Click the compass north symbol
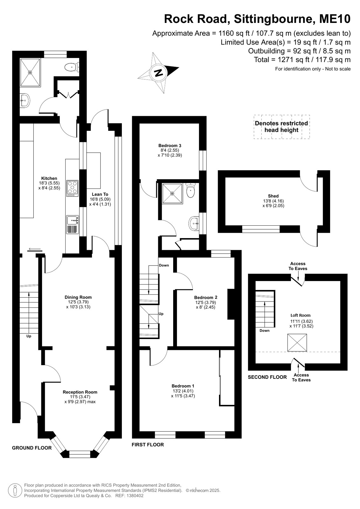(x=158, y=73)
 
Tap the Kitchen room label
(x=49, y=178)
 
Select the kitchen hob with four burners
(x=72, y=188)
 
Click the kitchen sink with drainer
(x=73, y=224)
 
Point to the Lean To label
(x=100, y=194)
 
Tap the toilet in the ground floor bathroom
(x=72, y=67)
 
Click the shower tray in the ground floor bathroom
(x=30, y=73)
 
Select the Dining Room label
(x=78, y=297)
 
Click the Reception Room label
(x=80, y=392)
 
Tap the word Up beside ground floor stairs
(x=29, y=336)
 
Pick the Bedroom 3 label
(x=170, y=145)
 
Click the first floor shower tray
(x=172, y=193)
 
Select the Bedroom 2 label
(x=206, y=297)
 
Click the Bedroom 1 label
(x=183, y=386)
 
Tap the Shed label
(x=273, y=196)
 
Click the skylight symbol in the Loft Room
(x=297, y=343)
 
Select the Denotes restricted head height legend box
(x=282, y=127)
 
